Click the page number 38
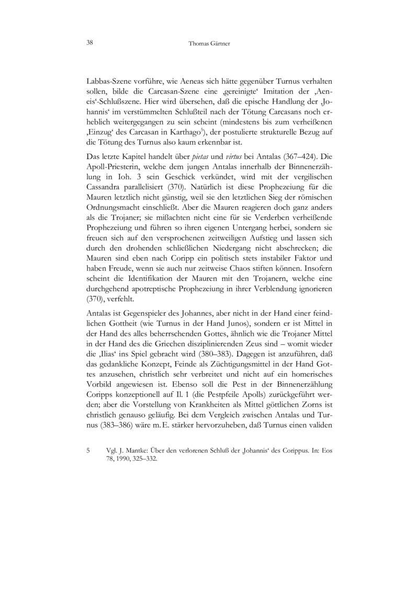tap(89, 43)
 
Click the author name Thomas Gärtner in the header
tap(209, 44)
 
